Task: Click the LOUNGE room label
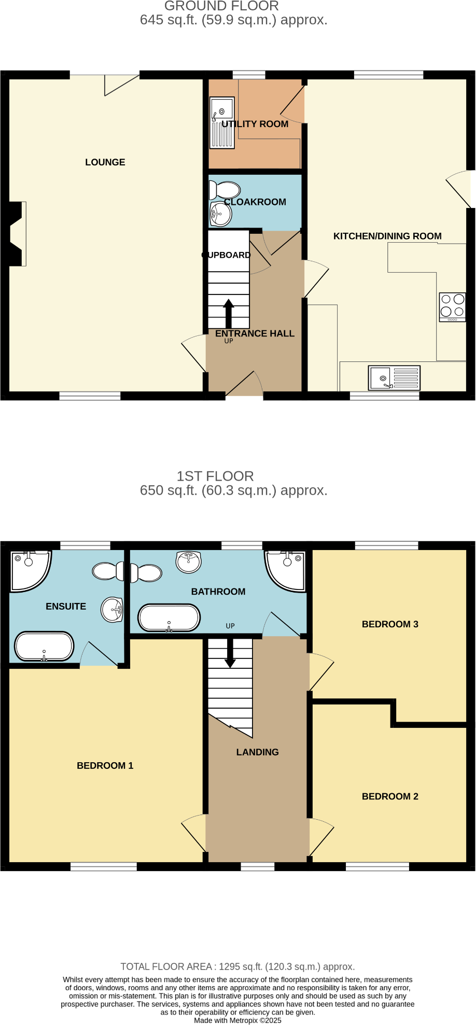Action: click(x=105, y=162)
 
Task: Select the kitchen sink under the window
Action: click(x=394, y=377)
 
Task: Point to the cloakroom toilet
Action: click(x=225, y=190)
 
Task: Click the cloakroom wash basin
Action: click(x=220, y=214)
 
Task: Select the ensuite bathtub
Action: click(x=44, y=647)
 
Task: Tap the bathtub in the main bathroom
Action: click(x=169, y=618)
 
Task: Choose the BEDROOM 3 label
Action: click(x=390, y=624)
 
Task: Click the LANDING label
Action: click(x=258, y=752)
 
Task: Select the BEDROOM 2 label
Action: click(x=390, y=796)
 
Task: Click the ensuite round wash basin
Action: click(x=112, y=610)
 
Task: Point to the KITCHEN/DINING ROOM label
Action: click(x=387, y=236)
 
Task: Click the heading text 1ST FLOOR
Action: click(x=215, y=476)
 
